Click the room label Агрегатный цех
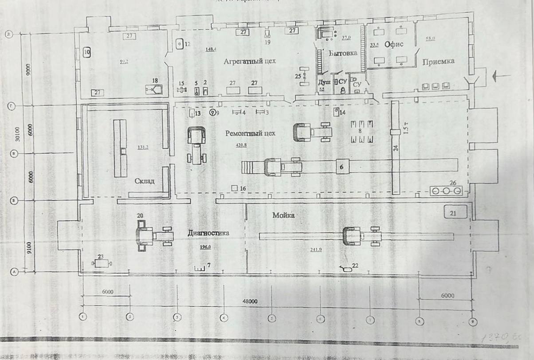coord(250,61)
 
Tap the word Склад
coord(145,181)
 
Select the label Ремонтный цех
coord(250,133)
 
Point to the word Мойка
coord(283,215)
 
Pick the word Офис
coord(393,44)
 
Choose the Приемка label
coord(438,61)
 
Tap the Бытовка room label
coord(343,53)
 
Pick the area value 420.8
coord(240,145)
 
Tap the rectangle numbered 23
coord(102,263)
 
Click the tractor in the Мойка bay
coord(361,235)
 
